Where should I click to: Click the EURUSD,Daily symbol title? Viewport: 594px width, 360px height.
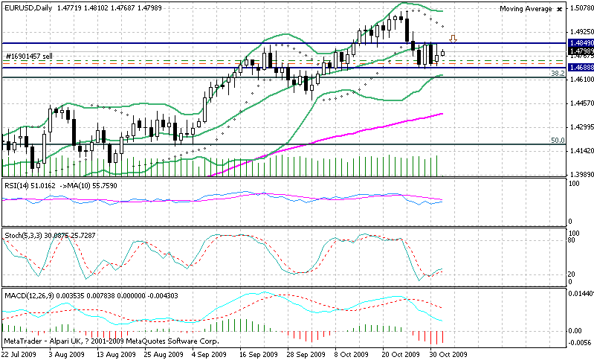point(28,7)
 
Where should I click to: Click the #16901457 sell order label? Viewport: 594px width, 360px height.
point(28,56)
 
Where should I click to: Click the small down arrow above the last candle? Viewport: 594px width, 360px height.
point(453,38)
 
